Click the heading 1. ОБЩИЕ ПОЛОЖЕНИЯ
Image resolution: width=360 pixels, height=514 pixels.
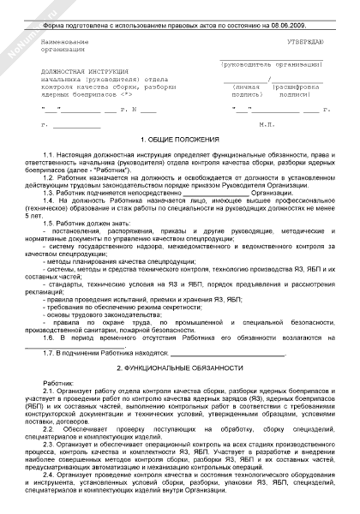click(x=180, y=139)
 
